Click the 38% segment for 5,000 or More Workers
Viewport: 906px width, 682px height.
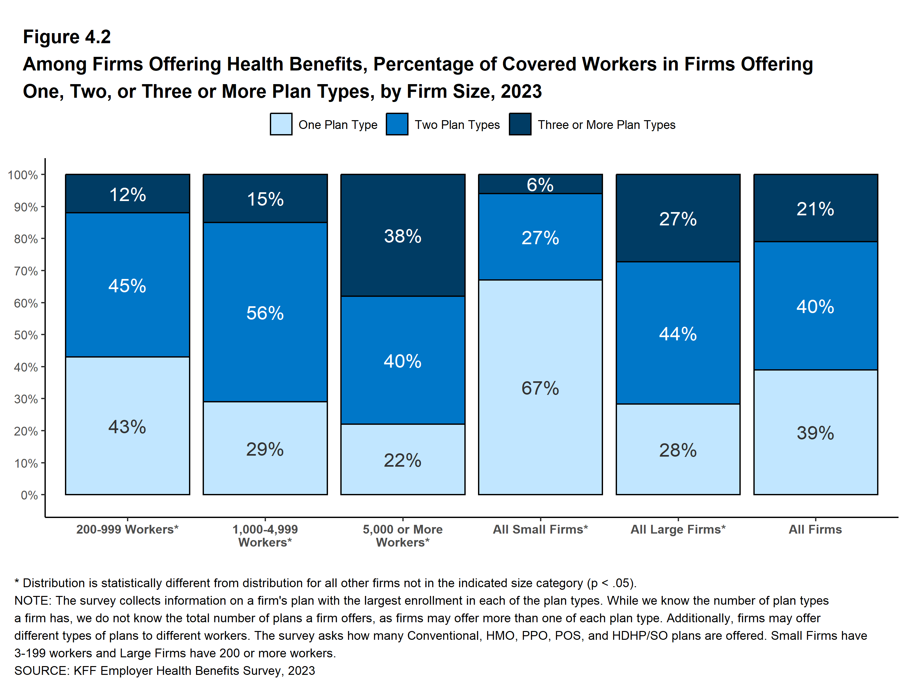pos(403,236)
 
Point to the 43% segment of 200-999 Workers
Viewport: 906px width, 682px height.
pos(127,426)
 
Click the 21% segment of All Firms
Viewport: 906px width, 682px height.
pos(815,208)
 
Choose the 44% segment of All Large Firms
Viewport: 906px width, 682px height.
pos(677,334)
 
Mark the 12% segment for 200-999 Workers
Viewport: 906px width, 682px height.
pos(127,194)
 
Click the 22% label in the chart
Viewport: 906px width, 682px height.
pos(403,460)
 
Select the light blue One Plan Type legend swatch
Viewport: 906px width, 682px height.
pos(281,124)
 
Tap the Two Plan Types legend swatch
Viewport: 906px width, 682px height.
pos(397,124)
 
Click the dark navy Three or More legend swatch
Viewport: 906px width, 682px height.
pos(520,124)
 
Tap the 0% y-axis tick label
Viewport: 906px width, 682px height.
pos(29,495)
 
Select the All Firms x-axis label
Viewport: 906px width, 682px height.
pos(815,529)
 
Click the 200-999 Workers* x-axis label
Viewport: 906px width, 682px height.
pos(127,529)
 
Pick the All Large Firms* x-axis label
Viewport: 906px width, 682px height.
pos(677,529)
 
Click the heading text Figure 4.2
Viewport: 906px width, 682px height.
pos(67,37)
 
